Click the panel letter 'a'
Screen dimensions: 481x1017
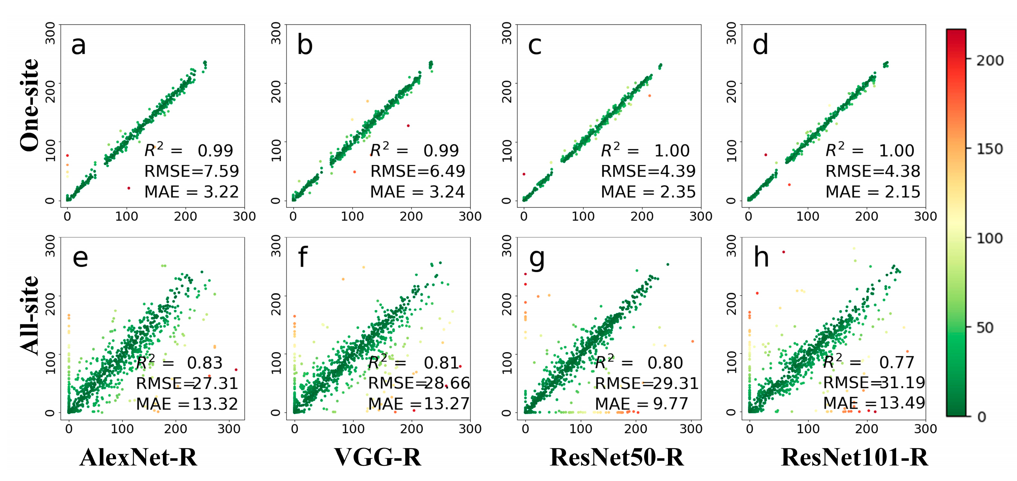[78, 45]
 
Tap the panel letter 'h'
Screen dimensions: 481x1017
[761, 257]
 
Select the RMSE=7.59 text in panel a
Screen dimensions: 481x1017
[192, 171]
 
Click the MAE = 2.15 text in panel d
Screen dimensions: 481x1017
[872, 192]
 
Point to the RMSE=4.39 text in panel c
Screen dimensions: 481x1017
[648, 171]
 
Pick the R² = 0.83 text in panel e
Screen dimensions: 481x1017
[180, 363]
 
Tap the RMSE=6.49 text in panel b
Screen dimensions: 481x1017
[418, 171]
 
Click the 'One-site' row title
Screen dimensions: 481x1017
[30, 105]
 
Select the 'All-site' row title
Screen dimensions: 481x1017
[30, 316]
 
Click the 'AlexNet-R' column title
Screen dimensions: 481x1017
[138, 458]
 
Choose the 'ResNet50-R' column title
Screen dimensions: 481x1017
[617, 458]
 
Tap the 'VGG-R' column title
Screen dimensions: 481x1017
[378, 458]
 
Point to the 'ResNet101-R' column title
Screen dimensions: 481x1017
[854, 458]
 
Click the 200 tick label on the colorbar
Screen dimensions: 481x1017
[990, 60]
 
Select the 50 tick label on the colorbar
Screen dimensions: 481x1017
[984, 328]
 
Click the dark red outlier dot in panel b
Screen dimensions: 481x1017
[408, 126]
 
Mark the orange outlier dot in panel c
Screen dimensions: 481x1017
[649, 96]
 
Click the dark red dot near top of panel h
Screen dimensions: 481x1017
[784, 252]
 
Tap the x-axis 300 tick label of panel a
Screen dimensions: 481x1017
[244, 216]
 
